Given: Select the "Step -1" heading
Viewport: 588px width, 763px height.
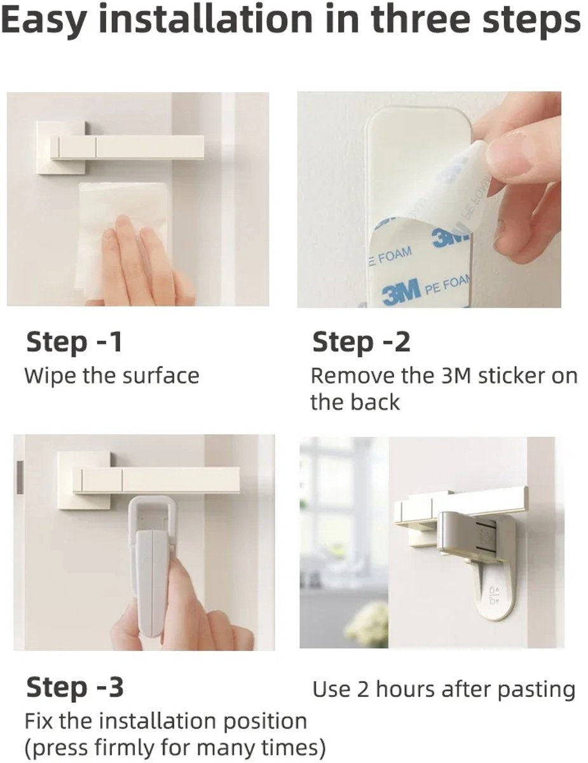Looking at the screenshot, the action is tap(74, 341).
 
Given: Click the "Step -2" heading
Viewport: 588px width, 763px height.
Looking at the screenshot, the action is tap(361, 341).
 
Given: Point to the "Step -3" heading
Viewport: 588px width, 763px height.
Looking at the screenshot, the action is tap(75, 687).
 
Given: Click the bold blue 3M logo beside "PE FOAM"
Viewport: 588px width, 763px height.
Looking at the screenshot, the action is tap(402, 289).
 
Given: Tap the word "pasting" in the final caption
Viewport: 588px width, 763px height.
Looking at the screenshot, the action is tap(537, 690).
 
